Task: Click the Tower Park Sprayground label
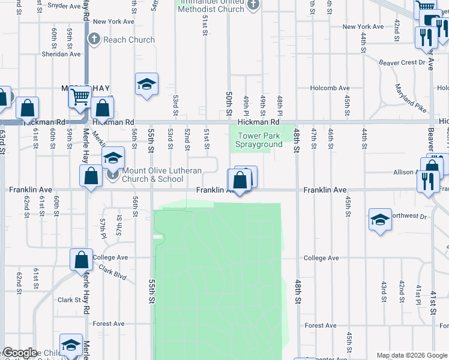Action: pos(259,140)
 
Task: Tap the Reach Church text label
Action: pos(129,40)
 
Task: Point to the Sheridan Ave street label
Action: pos(60,54)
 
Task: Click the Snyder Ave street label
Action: pos(64,6)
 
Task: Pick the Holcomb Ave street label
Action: pos(330,88)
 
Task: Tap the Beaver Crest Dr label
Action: pos(402,62)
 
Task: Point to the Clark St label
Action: pos(69,300)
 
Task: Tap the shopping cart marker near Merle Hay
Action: pos(80,96)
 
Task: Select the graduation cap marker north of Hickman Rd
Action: pos(146,85)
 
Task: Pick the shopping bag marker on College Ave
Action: pos(81,260)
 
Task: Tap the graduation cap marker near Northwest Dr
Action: pos(380,220)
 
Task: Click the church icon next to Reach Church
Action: pos(94,40)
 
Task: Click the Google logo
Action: pos(19,353)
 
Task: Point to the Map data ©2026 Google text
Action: pos(412,355)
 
